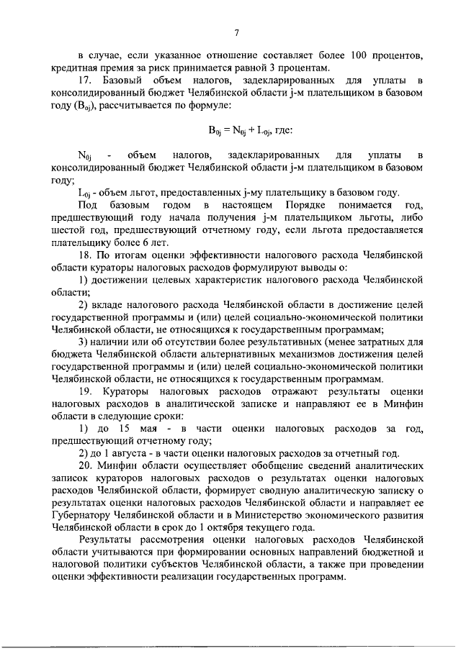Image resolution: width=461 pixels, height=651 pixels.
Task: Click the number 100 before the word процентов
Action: pyautogui.click(x=361, y=55)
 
